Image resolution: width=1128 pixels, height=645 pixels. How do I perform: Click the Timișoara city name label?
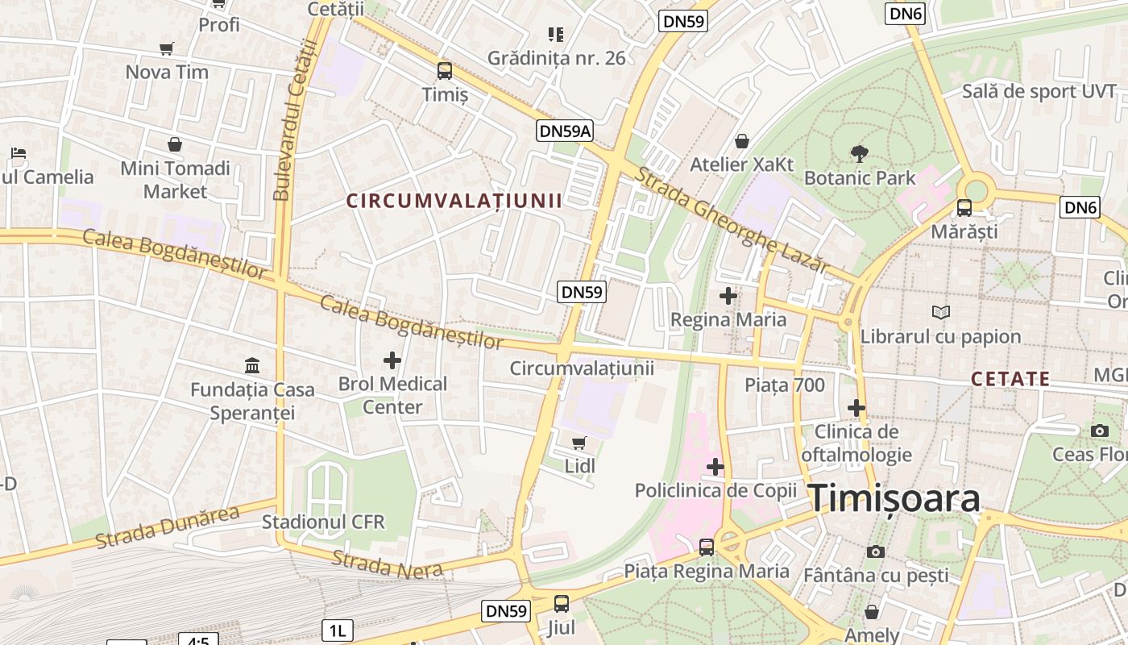[894, 498]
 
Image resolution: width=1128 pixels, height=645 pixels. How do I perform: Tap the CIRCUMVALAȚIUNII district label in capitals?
[454, 201]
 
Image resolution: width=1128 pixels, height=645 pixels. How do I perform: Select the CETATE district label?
[1010, 379]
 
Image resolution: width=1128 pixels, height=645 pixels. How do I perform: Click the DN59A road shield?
[564, 131]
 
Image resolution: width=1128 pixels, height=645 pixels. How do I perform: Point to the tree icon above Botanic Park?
[860, 153]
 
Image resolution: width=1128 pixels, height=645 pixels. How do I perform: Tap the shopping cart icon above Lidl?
[579, 443]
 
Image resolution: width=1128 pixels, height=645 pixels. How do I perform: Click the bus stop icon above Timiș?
[445, 71]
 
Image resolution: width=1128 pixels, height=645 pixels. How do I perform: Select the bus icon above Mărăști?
[964, 208]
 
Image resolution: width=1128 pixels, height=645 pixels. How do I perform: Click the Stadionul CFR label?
[323, 522]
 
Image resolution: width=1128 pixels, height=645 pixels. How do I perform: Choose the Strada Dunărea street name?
[168, 527]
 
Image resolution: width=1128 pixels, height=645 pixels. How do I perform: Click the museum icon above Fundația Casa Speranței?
[252, 366]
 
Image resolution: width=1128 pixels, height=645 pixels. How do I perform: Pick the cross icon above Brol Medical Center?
[392, 360]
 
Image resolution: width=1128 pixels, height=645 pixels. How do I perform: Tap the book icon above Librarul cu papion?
[940, 312]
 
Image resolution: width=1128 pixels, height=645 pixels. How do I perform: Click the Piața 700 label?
[785, 385]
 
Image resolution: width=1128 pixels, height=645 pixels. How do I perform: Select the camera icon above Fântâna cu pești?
[876, 551]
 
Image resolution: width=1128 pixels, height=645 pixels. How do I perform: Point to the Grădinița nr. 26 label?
[556, 58]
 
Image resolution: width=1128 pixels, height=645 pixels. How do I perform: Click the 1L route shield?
[338, 630]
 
